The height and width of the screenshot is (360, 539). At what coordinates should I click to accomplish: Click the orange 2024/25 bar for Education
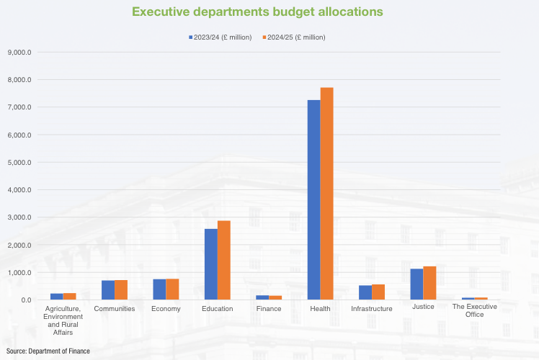tap(223, 260)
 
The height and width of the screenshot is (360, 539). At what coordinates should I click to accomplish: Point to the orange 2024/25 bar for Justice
tap(429, 283)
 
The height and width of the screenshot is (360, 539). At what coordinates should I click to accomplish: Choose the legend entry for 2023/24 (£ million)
tap(219, 37)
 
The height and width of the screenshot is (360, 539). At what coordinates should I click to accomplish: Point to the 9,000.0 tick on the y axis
tap(20, 52)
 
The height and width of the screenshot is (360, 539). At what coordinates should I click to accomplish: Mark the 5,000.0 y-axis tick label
tap(20, 162)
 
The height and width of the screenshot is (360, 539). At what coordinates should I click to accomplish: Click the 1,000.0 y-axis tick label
tap(20, 273)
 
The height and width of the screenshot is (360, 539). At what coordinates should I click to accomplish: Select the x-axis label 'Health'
tap(320, 309)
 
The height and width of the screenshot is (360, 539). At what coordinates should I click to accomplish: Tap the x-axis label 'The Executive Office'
tap(474, 310)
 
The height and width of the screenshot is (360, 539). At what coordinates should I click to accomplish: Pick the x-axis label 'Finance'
tap(269, 309)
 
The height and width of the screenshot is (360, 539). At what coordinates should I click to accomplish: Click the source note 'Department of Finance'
tap(45, 350)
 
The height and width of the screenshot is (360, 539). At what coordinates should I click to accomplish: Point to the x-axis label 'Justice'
tap(423, 307)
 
